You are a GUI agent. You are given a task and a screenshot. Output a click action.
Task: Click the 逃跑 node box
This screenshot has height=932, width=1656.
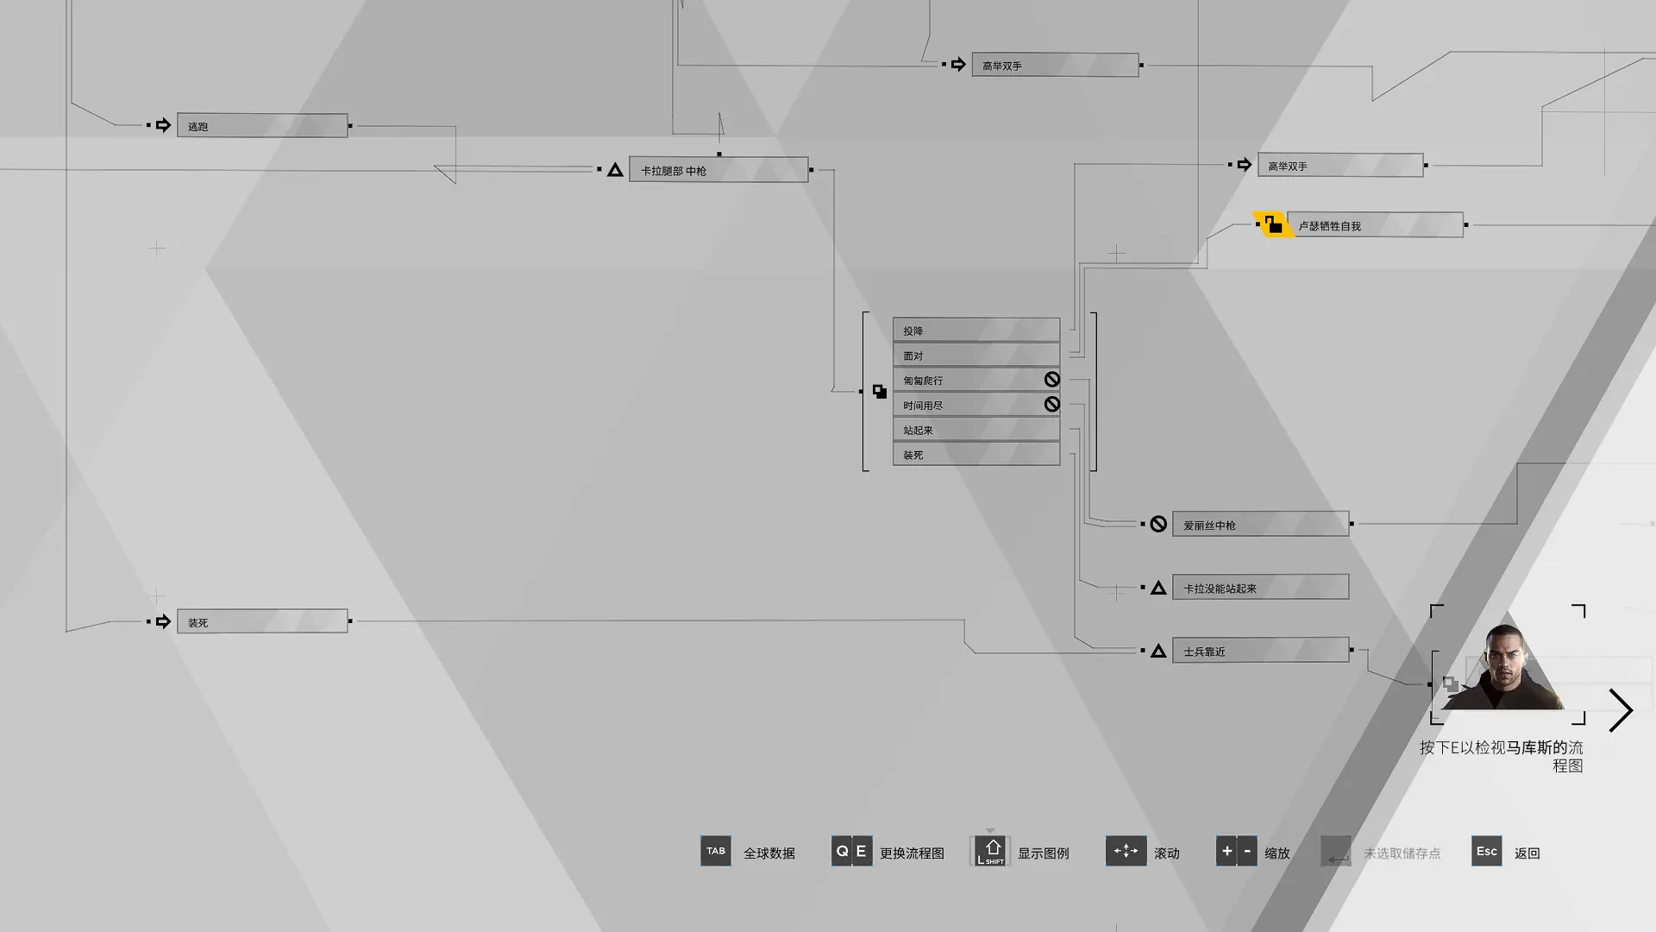(262, 125)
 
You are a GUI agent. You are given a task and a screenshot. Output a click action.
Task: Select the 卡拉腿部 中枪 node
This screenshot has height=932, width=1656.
(718, 169)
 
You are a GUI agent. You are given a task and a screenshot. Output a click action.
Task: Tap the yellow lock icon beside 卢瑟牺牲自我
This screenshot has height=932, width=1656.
(1273, 224)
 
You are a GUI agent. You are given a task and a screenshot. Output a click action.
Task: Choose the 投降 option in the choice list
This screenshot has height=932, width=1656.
(976, 330)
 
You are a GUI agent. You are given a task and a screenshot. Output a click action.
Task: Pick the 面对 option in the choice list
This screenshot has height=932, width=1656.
(976, 355)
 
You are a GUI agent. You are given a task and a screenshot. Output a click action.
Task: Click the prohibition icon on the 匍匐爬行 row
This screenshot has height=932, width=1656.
(1051, 380)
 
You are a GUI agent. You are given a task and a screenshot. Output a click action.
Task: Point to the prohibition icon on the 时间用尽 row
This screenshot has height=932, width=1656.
(1051, 404)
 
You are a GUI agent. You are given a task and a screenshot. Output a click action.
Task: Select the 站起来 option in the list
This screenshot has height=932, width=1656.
(976, 429)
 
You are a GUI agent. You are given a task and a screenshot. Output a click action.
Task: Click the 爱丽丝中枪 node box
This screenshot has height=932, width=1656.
(1260, 524)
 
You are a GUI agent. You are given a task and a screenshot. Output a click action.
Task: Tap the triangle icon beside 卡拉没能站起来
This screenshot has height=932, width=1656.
(1158, 589)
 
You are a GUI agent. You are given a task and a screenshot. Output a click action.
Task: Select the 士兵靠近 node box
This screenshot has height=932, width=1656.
(1260, 650)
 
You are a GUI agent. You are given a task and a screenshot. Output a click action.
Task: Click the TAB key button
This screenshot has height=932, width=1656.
(716, 851)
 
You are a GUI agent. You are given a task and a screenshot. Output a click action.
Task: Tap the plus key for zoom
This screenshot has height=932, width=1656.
(1226, 851)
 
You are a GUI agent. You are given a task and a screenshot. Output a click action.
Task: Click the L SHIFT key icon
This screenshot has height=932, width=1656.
(990, 851)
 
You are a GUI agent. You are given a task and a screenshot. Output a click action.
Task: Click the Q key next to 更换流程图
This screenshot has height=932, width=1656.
(842, 851)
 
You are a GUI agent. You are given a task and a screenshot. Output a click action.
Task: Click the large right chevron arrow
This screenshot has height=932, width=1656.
(1621, 710)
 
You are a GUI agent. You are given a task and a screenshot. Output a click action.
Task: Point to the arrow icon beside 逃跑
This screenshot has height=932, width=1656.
(163, 125)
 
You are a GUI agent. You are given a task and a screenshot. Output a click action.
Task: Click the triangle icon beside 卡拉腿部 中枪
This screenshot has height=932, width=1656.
(615, 170)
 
